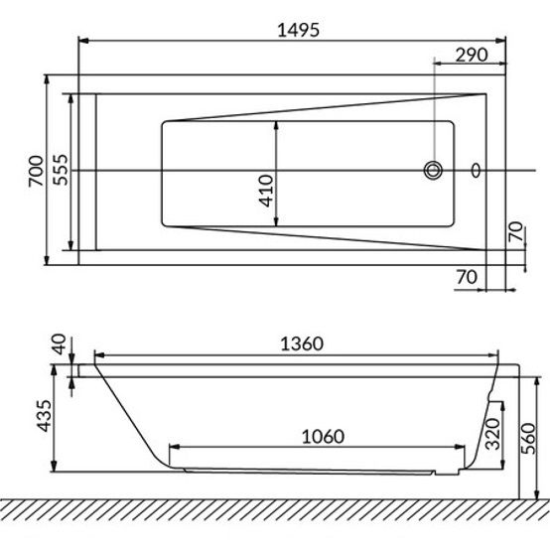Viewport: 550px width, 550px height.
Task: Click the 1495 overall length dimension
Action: (299, 30)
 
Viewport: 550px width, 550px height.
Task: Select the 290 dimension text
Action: (472, 55)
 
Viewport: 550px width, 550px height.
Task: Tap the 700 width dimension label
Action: (37, 171)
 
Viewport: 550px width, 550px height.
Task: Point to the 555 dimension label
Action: (60, 170)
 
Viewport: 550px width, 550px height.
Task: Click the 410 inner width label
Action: (266, 191)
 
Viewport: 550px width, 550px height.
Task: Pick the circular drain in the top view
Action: (433, 171)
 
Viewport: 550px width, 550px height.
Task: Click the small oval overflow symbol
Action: (476, 171)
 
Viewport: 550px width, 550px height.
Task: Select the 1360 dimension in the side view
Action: (302, 344)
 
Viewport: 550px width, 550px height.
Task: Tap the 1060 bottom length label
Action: (323, 437)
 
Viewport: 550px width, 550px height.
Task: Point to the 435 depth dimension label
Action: (45, 416)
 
